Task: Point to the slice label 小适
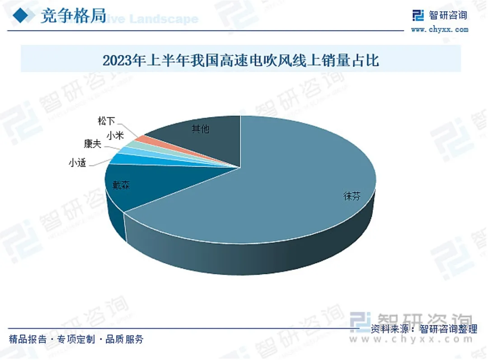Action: click(77, 163)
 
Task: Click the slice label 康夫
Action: click(92, 144)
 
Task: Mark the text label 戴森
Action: click(122, 185)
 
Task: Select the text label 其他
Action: click(200, 129)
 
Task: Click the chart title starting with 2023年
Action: click(240, 60)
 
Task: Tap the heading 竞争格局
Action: click(73, 16)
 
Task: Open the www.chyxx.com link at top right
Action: click(439, 30)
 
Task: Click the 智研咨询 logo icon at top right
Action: click(418, 15)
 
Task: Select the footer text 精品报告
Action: click(28, 339)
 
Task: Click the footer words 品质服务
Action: click(124, 339)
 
